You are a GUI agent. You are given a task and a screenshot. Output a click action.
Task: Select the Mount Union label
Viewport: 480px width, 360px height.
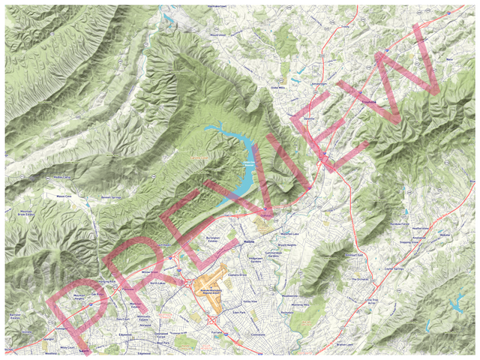point(217,34)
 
